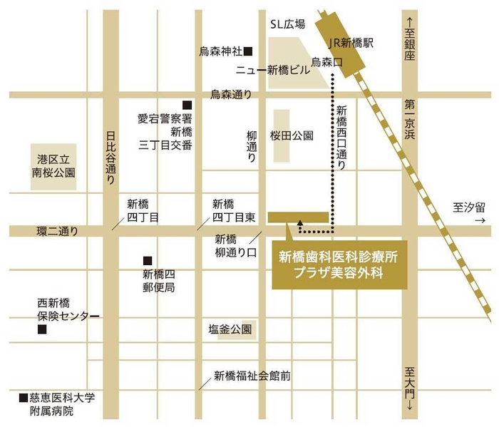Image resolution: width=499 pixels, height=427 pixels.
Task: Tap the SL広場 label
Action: click(x=287, y=24)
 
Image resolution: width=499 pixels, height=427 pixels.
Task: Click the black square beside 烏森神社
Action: click(x=248, y=51)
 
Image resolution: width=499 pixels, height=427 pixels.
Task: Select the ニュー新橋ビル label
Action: click(x=273, y=71)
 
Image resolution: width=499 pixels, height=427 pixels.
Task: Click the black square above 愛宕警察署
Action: click(x=187, y=104)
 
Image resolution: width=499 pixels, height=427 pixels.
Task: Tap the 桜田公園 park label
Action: click(x=291, y=135)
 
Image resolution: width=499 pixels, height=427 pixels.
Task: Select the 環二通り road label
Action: click(x=57, y=231)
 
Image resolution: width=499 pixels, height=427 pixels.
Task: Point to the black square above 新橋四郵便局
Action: click(x=148, y=260)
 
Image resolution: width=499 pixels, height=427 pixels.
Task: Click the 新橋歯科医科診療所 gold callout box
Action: click(x=339, y=264)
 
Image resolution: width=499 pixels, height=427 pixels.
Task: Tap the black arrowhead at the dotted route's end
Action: click(x=300, y=222)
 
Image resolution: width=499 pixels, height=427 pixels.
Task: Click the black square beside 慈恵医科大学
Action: click(x=23, y=396)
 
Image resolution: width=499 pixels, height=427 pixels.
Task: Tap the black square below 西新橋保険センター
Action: click(x=42, y=329)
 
